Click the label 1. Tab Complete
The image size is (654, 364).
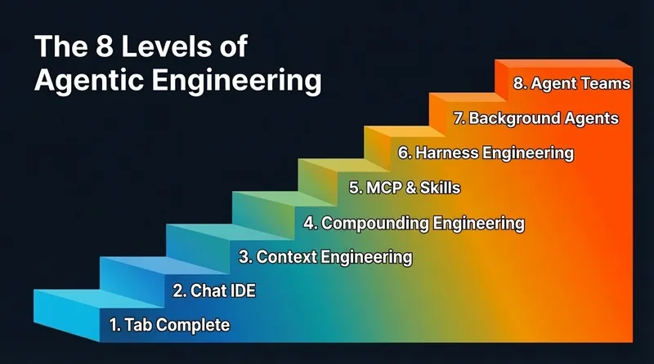coord(170,325)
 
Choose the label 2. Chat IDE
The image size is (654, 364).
coord(214,290)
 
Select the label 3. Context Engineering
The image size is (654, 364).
coord(325,256)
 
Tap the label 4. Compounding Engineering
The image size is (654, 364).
coord(414,222)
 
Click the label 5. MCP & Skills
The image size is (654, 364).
coord(404,187)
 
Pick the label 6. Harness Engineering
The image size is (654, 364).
coord(486,153)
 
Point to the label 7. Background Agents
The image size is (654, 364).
coord(535,118)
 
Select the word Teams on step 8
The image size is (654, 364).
coord(603,83)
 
